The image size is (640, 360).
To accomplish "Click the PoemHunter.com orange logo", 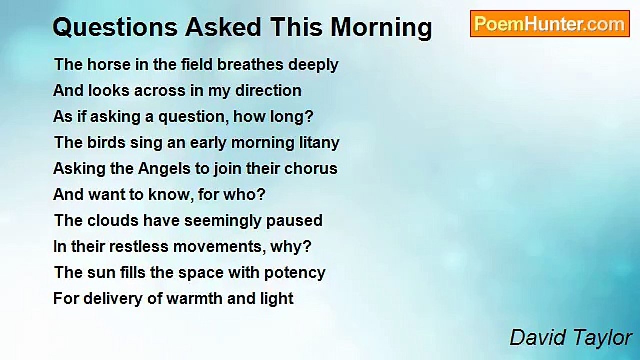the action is (550, 24).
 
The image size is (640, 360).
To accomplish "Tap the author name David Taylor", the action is (571, 337).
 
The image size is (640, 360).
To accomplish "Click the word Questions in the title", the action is (115, 27).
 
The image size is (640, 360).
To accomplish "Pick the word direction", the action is (268, 91).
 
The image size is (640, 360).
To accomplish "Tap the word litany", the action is (319, 143).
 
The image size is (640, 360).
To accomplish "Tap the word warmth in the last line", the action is (194, 299).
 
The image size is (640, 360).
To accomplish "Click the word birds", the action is (106, 142).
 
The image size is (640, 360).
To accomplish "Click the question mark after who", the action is (262, 195).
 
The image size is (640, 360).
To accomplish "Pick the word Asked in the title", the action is (223, 27).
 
